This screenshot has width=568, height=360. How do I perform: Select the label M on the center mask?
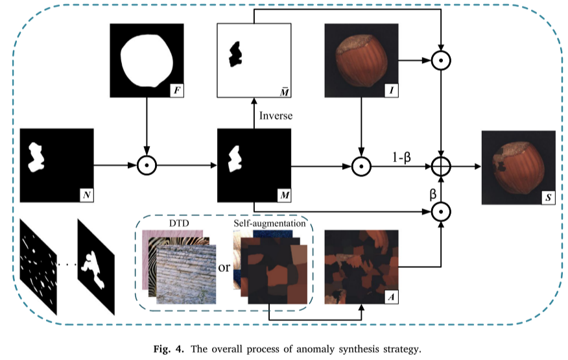coord(283,193)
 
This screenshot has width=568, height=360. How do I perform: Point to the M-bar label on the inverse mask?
coord(283,90)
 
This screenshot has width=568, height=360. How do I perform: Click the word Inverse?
coord(276,117)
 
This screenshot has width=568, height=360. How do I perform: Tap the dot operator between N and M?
coord(147,166)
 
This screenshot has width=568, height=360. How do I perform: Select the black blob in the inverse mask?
coord(234,55)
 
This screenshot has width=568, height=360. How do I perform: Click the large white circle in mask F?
coord(147,60)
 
